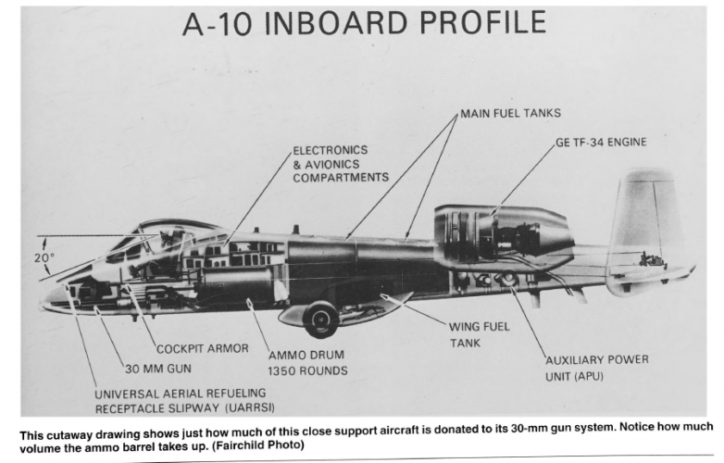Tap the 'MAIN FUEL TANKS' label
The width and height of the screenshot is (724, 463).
511,116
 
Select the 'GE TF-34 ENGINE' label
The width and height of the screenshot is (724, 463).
600,143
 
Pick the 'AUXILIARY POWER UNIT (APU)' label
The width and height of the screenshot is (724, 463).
596,368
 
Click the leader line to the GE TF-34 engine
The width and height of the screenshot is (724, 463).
523,181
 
